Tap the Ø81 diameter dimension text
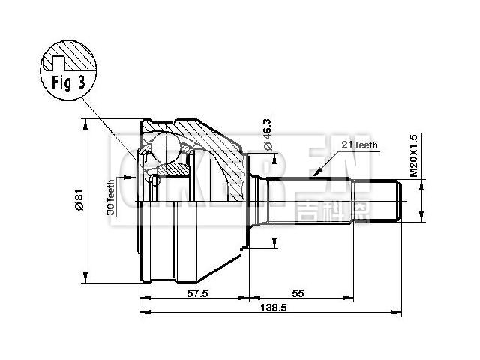pos(77,200)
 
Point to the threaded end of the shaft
pos(401,201)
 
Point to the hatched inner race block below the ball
pos(174,172)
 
